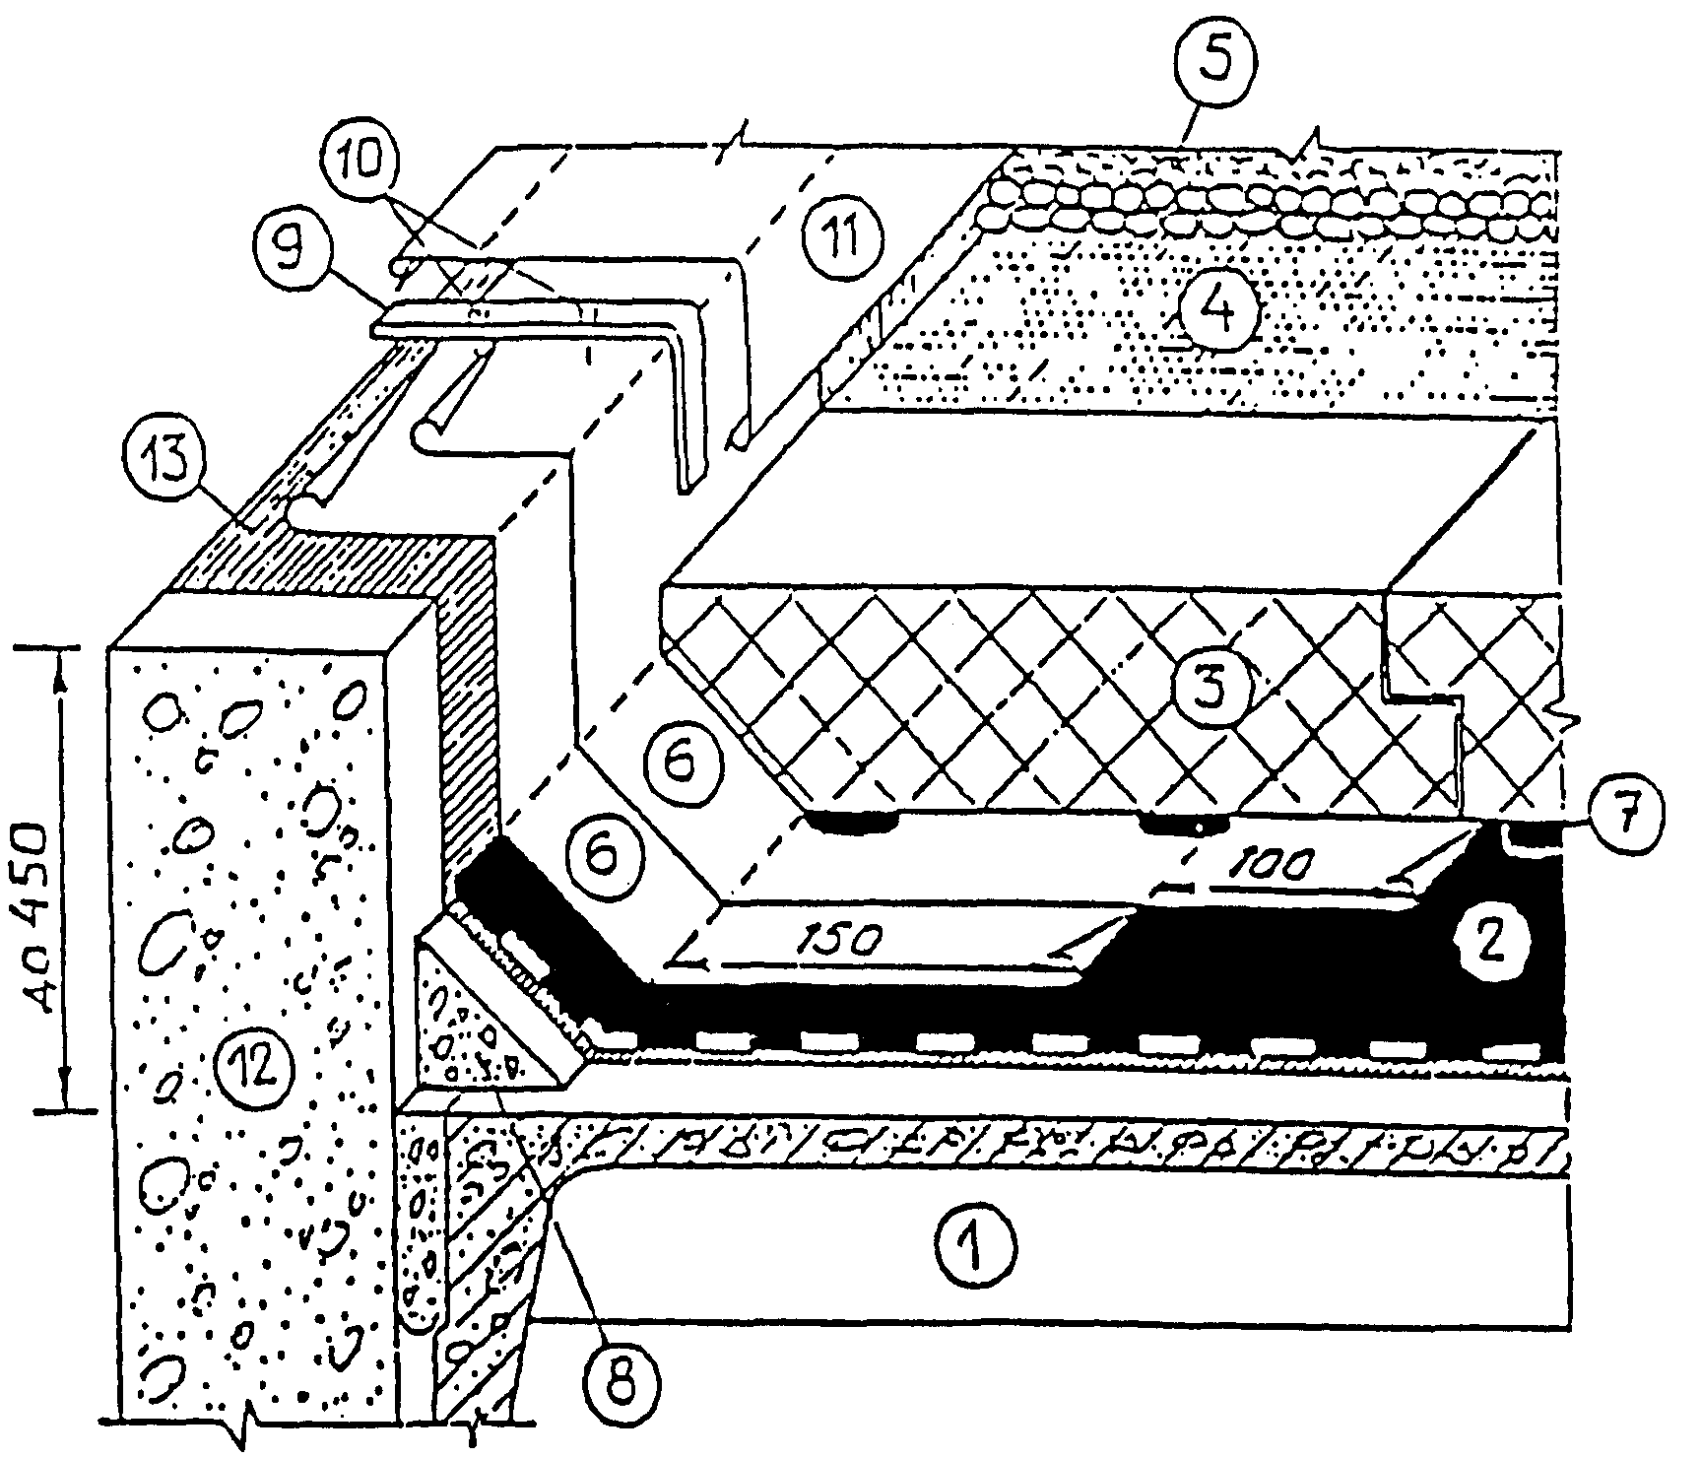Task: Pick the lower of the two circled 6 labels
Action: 602,854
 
